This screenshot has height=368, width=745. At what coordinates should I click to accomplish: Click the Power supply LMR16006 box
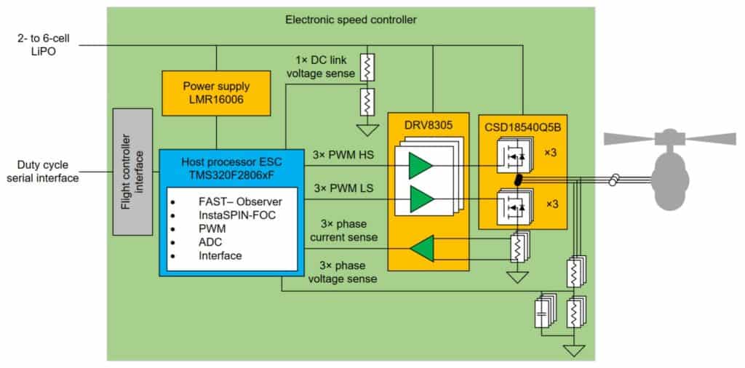(216, 92)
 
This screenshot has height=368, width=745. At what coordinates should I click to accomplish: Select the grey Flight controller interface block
(132, 172)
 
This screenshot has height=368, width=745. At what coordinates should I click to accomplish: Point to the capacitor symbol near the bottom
(542, 313)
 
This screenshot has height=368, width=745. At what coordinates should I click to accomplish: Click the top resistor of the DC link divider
(368, 66)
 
